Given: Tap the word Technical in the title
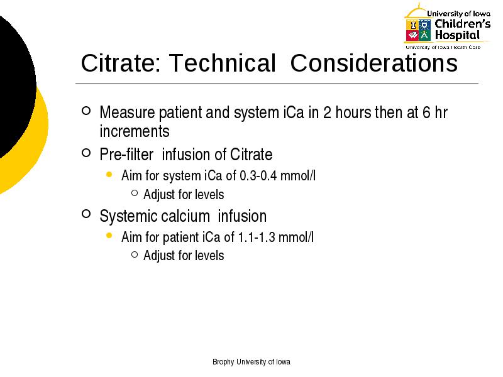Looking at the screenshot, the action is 223,63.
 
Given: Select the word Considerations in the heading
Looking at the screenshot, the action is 374,63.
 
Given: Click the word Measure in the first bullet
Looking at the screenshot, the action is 128,112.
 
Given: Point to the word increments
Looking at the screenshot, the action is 135,131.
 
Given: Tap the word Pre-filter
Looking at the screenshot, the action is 126,155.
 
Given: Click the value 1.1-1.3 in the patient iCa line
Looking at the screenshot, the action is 257,238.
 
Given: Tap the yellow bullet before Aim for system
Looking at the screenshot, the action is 109,175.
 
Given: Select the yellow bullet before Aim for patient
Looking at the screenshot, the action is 109,236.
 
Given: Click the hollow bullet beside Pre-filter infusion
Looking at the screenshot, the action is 86,153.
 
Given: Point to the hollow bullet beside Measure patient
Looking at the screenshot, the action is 86,111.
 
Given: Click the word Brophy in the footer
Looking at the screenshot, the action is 223,362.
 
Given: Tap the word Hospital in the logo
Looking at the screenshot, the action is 458,35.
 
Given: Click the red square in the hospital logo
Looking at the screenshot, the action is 412,35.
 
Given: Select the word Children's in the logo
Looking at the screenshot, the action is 463,23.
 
